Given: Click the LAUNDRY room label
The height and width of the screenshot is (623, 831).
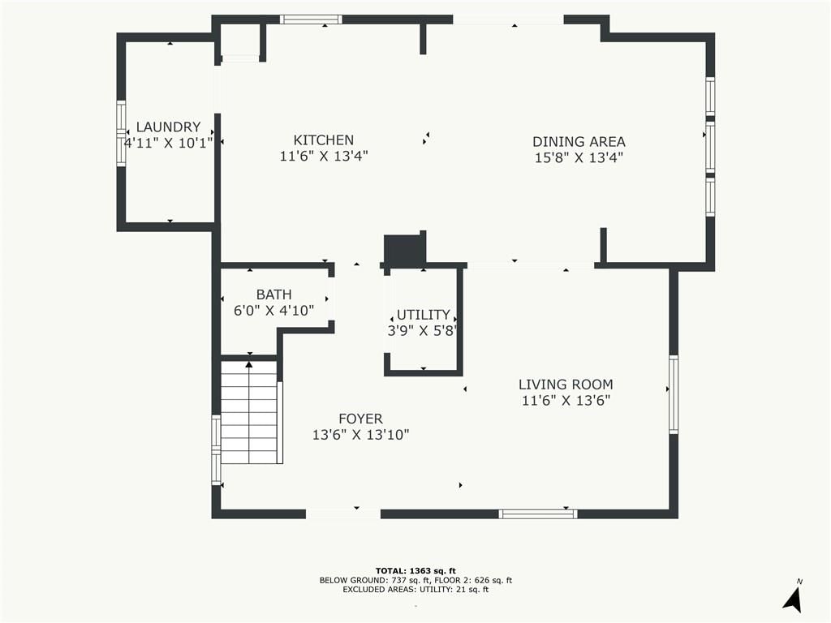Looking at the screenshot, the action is point(168,127).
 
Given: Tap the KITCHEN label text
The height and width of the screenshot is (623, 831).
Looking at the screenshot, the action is point(323,140).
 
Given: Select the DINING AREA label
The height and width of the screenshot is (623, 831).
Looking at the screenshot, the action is point(579,142).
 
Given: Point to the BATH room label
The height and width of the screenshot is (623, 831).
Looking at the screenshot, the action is point(274,294).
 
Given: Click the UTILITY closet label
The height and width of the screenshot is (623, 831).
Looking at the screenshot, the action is point(423,315).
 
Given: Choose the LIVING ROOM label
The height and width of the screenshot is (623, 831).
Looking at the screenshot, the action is point(566,385).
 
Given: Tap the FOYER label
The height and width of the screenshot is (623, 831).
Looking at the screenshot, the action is point(360,419).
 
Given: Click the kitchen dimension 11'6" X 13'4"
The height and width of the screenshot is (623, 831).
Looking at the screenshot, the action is point(324,157).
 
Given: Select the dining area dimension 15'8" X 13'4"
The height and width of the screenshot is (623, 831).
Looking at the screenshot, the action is point(579,158).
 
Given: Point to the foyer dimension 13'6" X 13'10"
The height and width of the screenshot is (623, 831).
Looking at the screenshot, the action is point(360,435).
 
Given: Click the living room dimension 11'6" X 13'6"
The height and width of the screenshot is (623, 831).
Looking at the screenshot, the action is point(566,401).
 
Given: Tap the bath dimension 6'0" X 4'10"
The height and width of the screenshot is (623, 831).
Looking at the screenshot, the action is point(274,311).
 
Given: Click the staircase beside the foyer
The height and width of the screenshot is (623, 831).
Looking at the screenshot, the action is point(249,412).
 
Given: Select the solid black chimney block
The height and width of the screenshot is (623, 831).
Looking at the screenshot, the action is point(405,248).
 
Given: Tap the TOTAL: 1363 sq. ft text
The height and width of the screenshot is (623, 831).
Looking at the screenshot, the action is point(415,570).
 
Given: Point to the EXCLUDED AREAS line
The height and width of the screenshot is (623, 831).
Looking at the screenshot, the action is point(415,589).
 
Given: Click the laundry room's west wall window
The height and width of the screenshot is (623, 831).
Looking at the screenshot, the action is point(122,133).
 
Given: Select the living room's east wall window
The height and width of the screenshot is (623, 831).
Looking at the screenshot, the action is point(674,395).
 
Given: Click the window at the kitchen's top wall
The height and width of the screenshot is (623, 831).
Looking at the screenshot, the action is point(311,19).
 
